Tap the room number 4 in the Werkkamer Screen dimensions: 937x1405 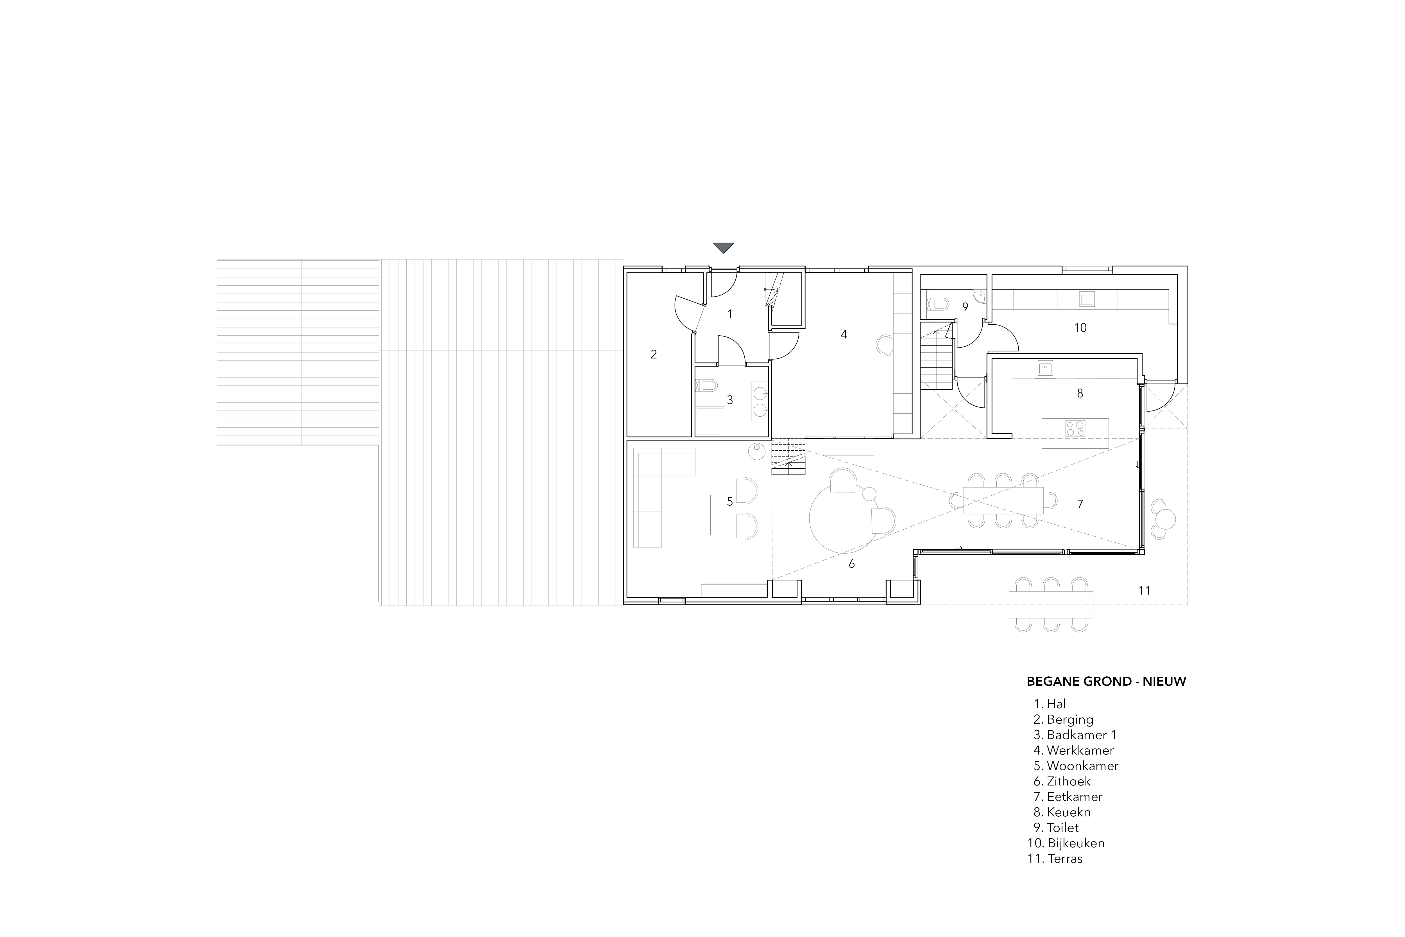[x=844, y=335]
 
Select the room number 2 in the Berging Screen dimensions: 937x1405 [x=654, y=355]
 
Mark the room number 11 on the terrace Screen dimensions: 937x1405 [x=1144, y=590]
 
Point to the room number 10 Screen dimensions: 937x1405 [x=1080, y=328]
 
